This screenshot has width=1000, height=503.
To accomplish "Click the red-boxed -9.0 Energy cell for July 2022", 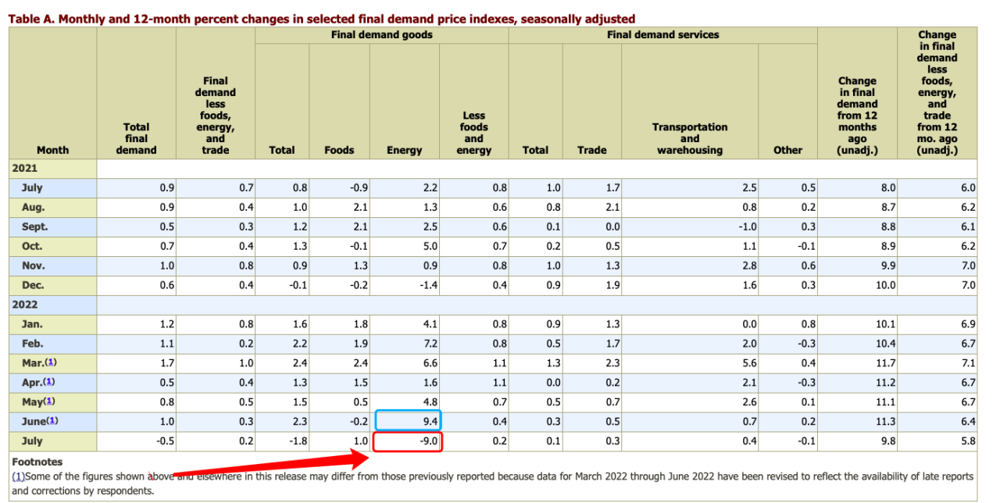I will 409,442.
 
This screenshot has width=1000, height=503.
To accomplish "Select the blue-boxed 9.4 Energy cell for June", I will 409,422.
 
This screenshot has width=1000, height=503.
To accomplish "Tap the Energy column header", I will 404,150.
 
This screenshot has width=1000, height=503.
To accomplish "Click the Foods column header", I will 339,150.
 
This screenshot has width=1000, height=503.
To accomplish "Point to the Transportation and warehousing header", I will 690,138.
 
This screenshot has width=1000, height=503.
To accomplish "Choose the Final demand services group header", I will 662,34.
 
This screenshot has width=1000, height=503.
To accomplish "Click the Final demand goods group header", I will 382,34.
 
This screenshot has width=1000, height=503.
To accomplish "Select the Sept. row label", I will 34,227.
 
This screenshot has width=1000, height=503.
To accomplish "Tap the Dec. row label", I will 33,285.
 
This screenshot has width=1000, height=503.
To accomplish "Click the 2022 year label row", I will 25,305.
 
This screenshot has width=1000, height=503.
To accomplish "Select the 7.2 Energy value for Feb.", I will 429,344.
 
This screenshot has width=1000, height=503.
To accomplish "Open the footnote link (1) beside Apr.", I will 50,383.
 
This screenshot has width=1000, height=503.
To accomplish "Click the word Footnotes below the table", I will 37,462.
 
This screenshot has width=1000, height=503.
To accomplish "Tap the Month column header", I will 52,150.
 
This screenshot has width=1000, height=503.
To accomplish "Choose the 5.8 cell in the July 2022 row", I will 968,442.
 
